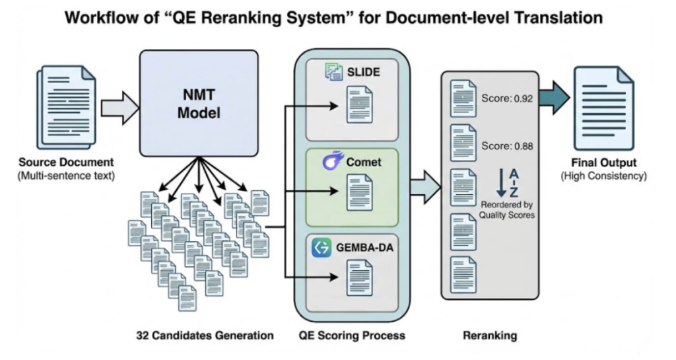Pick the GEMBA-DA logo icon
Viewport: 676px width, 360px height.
click(x=322, y=248)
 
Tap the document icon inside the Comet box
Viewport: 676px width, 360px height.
click(x=359, y=191)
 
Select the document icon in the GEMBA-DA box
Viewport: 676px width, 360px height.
click(x=359, y=277)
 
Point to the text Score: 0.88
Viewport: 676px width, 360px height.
click(x=507, y=146)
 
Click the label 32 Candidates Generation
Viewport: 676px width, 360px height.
click(x=205, y=336)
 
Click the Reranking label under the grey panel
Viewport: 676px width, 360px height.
click(x=490, y=336)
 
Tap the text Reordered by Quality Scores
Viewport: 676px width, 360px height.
click(x=508, y=209)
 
